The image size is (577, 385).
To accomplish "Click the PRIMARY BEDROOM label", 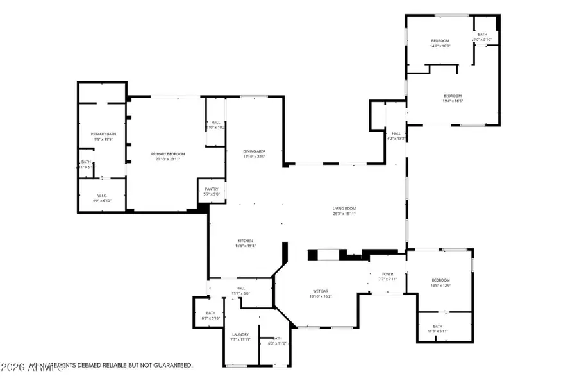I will [x=168, y=154].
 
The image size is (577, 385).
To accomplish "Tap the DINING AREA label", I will [x=254, y=151].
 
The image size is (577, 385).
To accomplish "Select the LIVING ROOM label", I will [x=344, y=209].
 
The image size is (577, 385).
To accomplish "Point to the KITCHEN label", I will [x=246, y=241].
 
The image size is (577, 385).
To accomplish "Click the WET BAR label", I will [x=321, y=291].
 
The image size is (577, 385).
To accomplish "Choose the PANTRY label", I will [x=212, y=189].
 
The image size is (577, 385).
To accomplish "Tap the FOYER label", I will [x=388, y=274].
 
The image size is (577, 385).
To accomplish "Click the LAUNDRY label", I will [x=240, y=334].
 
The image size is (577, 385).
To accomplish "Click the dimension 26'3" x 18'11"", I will [x=344, y=213].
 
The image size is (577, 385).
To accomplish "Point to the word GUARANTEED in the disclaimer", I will [x=171, y=365].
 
